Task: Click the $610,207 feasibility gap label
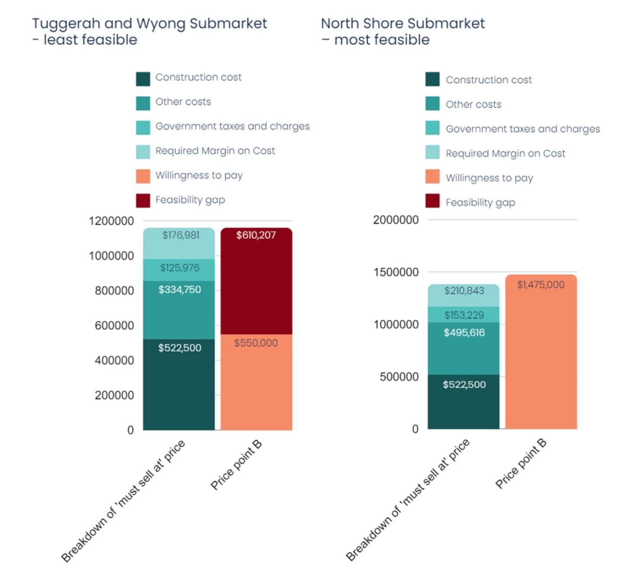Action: tap(256, 235)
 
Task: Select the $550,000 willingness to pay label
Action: tap(256, 343)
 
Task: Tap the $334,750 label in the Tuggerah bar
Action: tap(180, 289)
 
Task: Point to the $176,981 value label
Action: tap(181, 235)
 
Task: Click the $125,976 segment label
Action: tap(180, 268)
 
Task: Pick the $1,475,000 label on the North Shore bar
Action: tap(541, 285)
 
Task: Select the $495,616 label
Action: tap(464, 333)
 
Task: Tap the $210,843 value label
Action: tap(464, 291)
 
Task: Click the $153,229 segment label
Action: tap(464, 315)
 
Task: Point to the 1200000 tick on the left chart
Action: tap(111, 221)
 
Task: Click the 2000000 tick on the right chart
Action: tap(396, 220)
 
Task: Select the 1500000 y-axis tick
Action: tap(396, 272)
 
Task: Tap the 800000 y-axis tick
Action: tap(114, 290)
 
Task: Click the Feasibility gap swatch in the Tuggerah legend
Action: tap(143, 201)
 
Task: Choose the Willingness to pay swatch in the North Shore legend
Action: tap(432, 177)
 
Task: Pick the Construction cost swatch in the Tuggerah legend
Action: tap(143, 79)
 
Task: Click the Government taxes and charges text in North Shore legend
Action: tap(523, 129)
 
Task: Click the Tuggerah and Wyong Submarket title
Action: tap(149, 23)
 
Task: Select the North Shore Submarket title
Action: tap(402, 23)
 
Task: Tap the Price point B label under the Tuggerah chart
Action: tap(236, 464)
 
